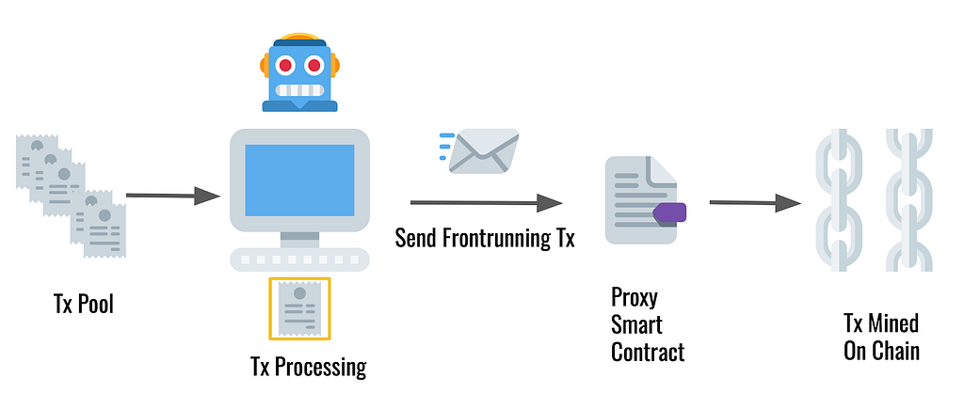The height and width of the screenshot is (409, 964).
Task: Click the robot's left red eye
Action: [285, 65]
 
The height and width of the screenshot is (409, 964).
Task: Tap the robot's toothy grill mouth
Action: [299, 90]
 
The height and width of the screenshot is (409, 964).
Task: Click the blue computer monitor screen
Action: [299, 180]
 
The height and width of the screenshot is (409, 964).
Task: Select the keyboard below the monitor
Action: [299, 260]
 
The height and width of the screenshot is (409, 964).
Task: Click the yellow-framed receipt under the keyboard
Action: [299, 308]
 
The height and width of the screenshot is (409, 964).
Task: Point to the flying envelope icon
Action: [479, 150]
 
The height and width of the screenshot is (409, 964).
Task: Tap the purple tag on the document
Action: [669, 212]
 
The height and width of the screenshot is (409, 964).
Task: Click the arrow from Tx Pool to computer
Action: [173, 196]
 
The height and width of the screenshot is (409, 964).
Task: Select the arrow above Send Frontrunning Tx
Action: [487, 203]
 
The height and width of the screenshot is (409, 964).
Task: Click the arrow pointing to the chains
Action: [755, 202]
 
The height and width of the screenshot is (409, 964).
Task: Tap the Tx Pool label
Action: [84, 304]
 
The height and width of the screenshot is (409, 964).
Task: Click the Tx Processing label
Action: [309, 367]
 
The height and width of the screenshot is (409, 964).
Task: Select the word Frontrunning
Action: [496, 238]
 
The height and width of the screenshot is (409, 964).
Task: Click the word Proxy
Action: [634, 298]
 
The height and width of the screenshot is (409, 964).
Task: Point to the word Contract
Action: [648, 352]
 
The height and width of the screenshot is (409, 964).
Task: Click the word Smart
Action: [636, 324]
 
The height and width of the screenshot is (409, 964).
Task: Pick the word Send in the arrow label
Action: [415, 238]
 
